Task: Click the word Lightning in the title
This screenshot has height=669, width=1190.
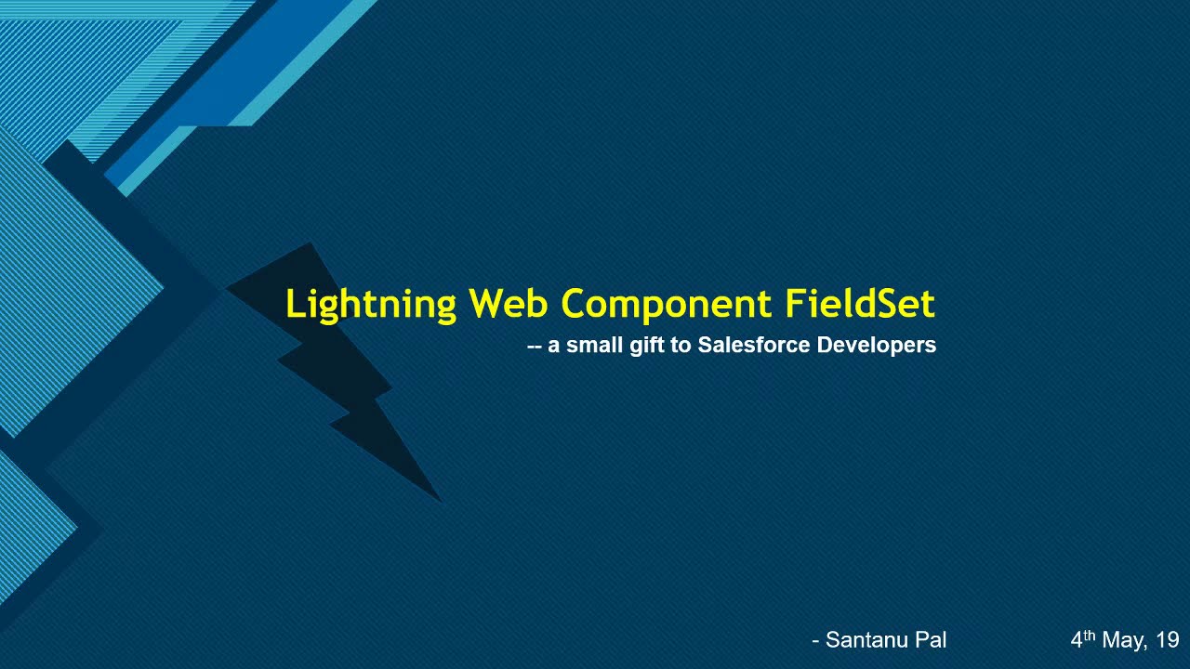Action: [x=370, y=305]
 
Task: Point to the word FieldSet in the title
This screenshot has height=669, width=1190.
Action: [x=859, y=304]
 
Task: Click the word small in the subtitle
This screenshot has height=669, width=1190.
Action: [x=594, y=346]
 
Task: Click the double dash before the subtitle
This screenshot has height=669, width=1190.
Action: [x=534, y=347]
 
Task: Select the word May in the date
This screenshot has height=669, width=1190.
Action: [x=1125, y=640]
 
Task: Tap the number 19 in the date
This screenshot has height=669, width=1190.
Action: [x=1168, y=640]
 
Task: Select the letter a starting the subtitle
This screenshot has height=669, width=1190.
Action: [x=554, y=347]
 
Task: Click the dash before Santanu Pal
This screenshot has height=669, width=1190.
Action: [x=815, y=641]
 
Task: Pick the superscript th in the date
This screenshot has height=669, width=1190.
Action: [x=1090, y=635]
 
